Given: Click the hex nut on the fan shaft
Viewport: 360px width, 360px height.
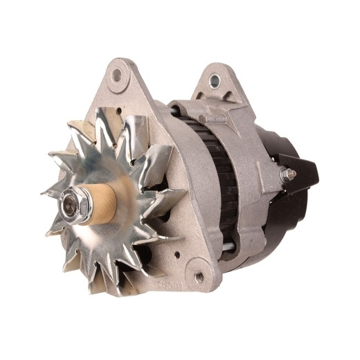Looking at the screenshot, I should pyautogui.click(x=71, y=204).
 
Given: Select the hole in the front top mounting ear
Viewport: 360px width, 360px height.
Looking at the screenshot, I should pyautogui.click(x=116, y=74).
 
